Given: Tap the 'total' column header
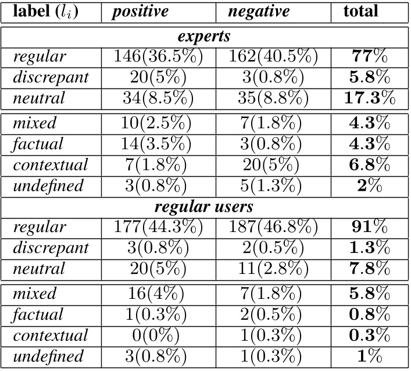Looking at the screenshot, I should pyautogui.click(x=360, y=11).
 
